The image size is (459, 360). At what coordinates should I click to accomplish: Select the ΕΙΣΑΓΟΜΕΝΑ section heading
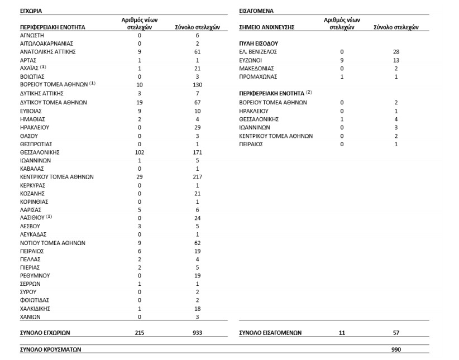click(256, 11)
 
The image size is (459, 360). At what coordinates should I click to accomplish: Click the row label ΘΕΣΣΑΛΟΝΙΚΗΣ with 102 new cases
click(40, 152)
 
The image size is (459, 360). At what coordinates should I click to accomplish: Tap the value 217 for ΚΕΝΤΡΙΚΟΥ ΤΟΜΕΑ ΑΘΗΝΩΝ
click(197, 176)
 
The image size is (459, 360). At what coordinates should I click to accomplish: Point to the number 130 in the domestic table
click(197, 84)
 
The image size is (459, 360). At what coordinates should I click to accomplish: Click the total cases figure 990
click(396, 350)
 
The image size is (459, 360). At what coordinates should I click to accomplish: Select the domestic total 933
click(197, 333)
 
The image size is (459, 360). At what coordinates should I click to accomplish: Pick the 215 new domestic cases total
click(139, 333)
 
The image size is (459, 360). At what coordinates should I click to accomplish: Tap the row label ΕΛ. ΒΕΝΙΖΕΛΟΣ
click(258, 51)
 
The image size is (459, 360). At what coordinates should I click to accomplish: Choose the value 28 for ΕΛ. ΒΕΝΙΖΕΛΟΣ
click(396, 51)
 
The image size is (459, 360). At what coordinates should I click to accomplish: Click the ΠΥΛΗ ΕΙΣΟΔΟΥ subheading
click(259, 43)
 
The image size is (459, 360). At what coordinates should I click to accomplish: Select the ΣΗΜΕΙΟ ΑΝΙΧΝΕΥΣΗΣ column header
click(266, 26)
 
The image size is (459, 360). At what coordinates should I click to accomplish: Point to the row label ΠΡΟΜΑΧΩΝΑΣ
click(257, 76)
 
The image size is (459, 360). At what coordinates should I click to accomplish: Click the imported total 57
click(396, 333)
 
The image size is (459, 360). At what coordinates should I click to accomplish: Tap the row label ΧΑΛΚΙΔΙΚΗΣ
click(36, 309)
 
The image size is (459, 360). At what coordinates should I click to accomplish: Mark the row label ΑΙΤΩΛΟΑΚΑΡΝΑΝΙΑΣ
click(46, 43)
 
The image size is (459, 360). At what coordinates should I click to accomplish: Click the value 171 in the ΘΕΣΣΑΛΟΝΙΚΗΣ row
click(197, 152)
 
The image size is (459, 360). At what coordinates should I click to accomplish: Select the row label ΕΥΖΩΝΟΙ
click(251, 60)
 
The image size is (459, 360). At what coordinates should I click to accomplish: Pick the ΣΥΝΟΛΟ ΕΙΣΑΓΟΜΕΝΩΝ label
click(270, 333)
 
